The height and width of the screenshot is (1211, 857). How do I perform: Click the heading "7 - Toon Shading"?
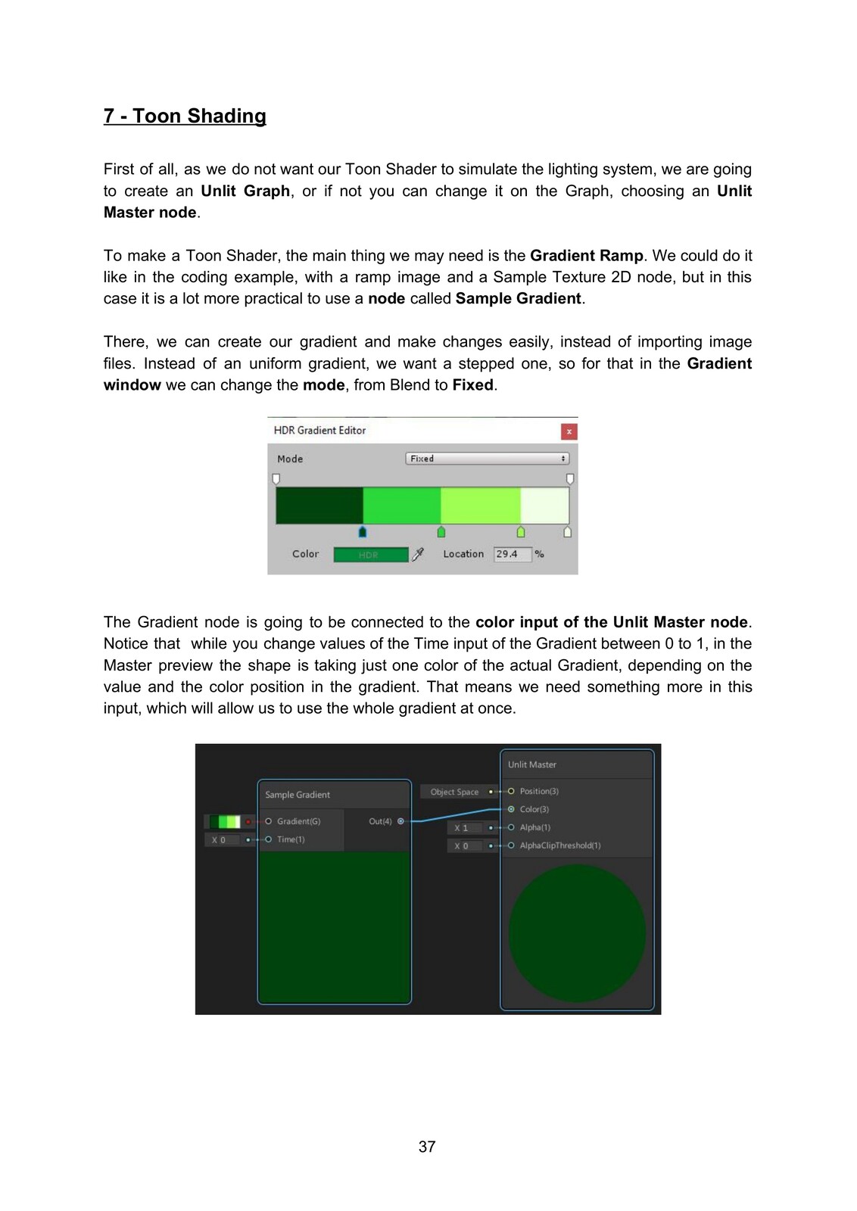185,116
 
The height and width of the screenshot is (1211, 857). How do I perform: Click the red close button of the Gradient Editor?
569,431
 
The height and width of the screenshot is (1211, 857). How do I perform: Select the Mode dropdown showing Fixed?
488,459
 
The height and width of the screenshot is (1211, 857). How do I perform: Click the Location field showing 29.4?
512,554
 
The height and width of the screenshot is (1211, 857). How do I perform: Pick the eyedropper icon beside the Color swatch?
418,554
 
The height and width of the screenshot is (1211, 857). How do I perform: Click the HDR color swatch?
370,555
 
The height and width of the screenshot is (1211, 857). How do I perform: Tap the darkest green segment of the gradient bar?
319,506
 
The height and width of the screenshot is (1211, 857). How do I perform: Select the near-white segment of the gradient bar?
544,506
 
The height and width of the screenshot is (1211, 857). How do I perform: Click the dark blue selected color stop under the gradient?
363,532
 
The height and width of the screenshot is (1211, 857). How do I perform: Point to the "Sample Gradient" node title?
298,795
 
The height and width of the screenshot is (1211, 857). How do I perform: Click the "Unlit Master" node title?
532,764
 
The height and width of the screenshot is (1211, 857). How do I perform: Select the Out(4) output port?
400,821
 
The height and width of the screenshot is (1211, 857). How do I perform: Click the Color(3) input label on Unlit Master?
534,809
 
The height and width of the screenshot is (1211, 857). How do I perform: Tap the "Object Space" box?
454,792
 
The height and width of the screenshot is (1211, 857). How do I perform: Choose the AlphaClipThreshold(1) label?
559,845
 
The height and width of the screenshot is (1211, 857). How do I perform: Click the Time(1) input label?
291,839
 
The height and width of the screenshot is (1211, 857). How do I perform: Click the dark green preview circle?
577,933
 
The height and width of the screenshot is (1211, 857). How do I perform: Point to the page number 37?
427,1147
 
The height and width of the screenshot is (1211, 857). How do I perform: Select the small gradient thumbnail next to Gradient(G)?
225,821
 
